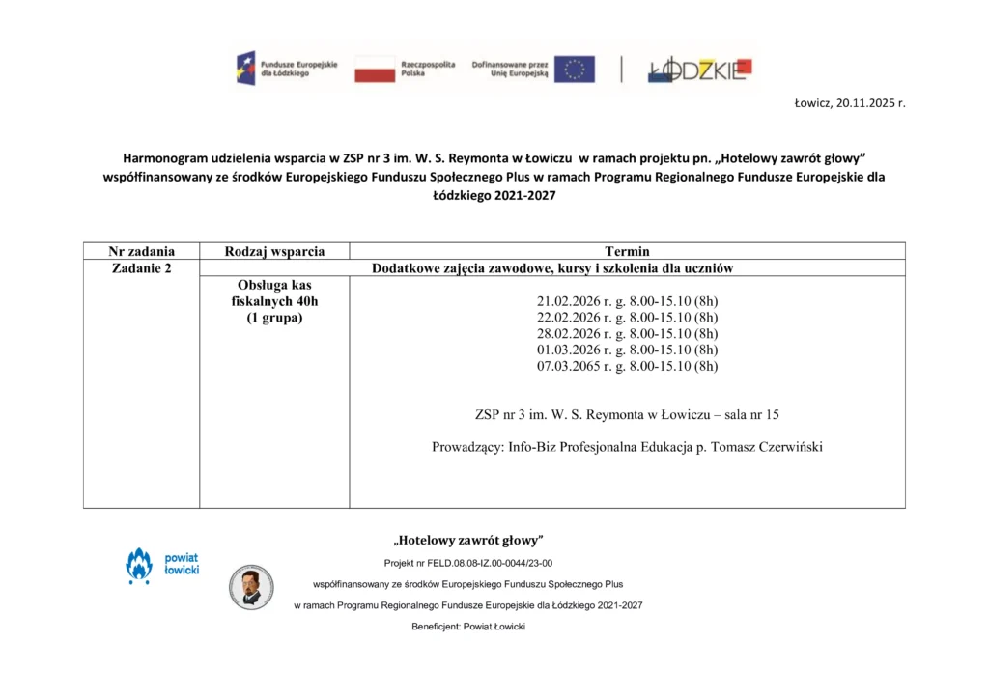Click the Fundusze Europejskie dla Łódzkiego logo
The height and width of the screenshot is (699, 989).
(287, 69)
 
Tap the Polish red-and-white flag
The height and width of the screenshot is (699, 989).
(375, 69)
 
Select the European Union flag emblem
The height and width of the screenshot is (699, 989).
(574, 69)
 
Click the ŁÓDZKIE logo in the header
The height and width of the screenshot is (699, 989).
(699, 69)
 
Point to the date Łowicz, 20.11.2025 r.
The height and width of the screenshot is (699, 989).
(849, 102)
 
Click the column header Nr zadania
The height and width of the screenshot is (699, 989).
(141, 251)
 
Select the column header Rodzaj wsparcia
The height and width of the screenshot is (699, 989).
(274, 251)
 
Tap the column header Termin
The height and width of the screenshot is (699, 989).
(627, 251)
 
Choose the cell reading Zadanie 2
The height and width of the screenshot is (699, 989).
(141, 268)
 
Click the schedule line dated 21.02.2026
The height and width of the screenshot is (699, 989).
(627, 300)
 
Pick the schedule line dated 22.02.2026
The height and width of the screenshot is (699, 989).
(627, 317)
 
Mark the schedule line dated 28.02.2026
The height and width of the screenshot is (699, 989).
(627, 333)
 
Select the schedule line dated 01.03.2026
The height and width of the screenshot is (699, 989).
(627, 349)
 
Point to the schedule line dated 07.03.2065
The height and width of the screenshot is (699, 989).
(627, 366)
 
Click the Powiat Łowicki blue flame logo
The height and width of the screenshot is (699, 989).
(140, 566)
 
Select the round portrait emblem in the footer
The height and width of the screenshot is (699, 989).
(251, 587)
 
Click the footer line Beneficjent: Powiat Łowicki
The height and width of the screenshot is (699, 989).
(468, 627)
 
